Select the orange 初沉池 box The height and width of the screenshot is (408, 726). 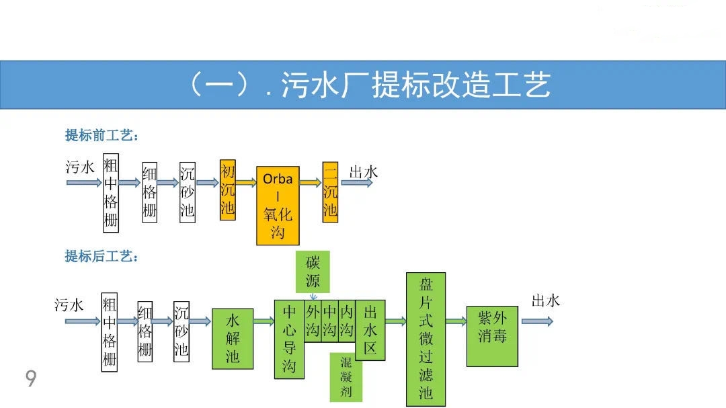(228, 189)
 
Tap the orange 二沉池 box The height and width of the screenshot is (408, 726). (330, 192)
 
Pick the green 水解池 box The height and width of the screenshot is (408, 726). (233, 338)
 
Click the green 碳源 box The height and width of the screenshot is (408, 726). (313, 272)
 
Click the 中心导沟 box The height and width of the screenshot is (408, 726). (289, 338)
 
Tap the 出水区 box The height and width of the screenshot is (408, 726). (370, 330)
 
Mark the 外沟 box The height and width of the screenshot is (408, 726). (313, 321)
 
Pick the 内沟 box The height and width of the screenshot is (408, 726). (346, 321)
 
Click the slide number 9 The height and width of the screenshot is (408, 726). (31, 379)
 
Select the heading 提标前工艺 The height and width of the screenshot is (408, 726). (102, 136)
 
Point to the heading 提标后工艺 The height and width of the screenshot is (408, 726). (102, 257)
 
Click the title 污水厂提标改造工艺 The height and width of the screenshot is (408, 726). (368, 85)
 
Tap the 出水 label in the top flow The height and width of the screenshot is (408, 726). (363, 172)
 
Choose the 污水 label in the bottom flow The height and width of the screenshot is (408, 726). (69, 305)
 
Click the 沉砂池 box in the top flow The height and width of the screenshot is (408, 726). (187, 192)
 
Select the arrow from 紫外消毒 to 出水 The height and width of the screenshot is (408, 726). (536, 321)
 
